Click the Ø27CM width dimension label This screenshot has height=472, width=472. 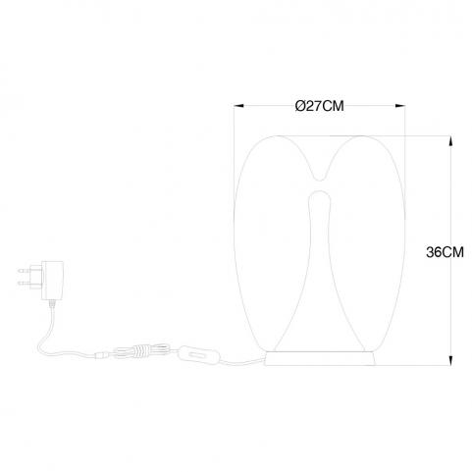point(319,106)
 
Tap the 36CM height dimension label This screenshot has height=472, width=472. point(445,252)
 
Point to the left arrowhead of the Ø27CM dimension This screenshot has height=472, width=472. point(239,106)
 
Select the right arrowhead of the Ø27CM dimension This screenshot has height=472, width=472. point(400,106)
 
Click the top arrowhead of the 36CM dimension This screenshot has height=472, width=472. point(450,141)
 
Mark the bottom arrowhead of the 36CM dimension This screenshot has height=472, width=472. point(450,360)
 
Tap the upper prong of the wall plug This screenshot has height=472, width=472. point(25,271)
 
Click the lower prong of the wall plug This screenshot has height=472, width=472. point(25,283)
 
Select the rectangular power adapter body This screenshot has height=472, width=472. point(52,281)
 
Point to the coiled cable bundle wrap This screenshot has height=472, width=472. point(141,350)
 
